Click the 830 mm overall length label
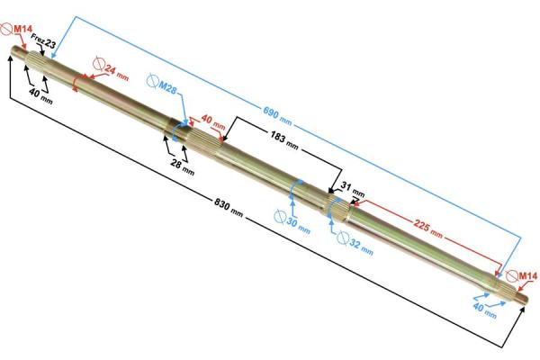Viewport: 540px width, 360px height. point(229,207)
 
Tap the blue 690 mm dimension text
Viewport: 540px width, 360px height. point(277,116)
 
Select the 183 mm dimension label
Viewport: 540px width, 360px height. point(284,140)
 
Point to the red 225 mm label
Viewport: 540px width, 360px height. point(428,229)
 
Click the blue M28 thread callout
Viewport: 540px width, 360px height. point(167,88)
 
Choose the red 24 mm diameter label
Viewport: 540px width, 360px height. point(116,72)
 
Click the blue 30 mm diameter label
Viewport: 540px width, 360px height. point(298,225)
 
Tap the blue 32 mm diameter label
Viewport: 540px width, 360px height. point(361,247)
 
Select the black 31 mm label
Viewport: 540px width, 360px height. point(353,189)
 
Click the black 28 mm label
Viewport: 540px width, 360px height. point(183,167)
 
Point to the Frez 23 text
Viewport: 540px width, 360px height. point(43,40)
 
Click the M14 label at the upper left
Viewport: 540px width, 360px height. point(22,30)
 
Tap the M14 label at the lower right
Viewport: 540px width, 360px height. point(528,276)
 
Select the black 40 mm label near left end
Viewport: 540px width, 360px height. point(40,95)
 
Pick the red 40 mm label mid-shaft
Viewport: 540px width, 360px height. point(213,121)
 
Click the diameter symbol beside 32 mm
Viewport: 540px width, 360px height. point(343,238)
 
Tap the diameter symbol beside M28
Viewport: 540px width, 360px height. point(152,81)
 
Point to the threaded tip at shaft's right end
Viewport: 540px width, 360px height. point(522,295)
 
